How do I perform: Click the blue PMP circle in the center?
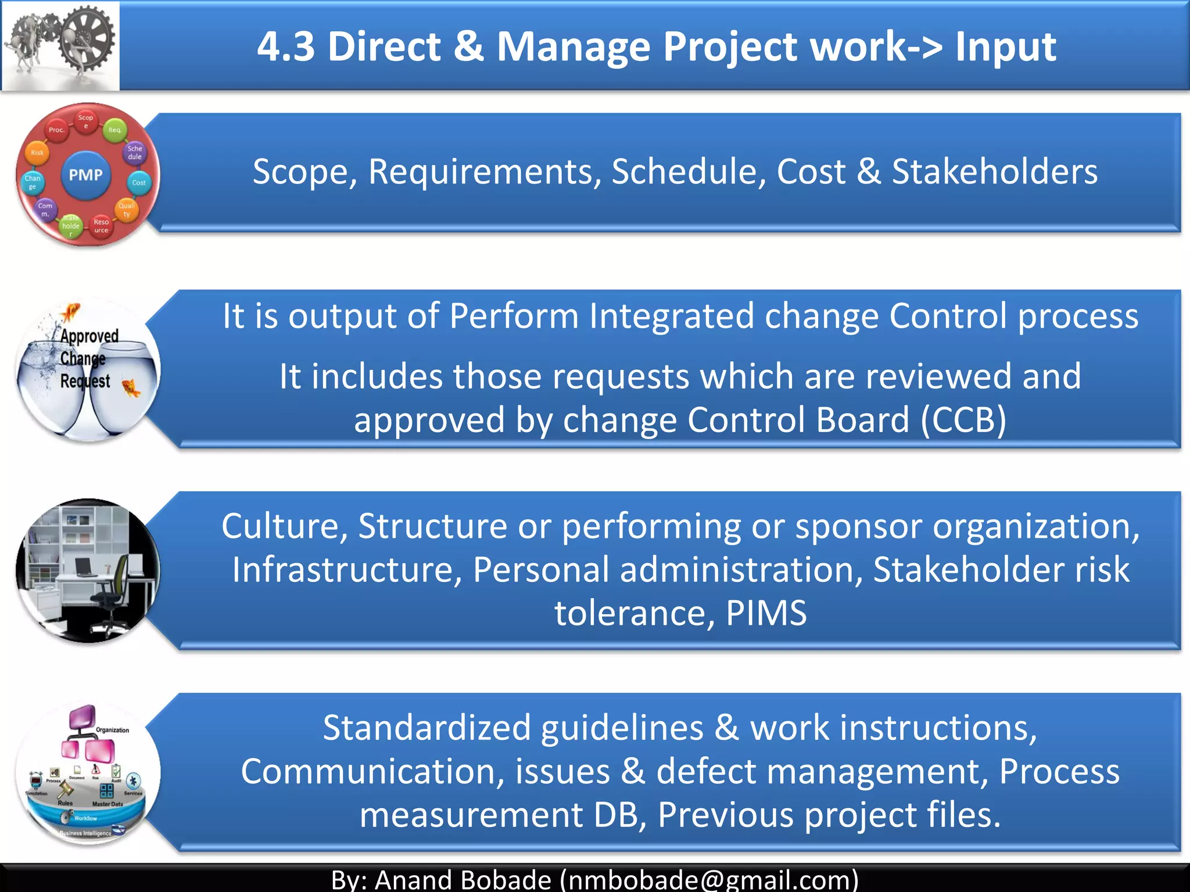[85, 175]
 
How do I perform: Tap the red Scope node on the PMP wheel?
[85, 121]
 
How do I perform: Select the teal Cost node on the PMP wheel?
[139, 182]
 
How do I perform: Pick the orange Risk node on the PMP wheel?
[37, 153]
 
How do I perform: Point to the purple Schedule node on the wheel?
[135, 153]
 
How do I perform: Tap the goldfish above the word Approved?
[71, 312]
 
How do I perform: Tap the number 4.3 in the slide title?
[286, 46]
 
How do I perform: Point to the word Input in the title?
[1005, 46]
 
